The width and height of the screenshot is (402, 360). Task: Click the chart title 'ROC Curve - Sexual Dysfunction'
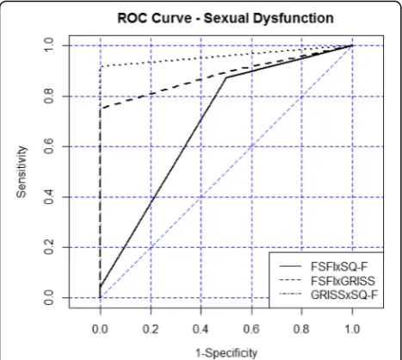pyautogui.click(x=226, y=18)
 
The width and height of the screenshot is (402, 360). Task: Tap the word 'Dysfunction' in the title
pyautogui.click(x=294, y=19)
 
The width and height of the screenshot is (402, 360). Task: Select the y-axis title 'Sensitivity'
pyautogui.click(x=22, y=172)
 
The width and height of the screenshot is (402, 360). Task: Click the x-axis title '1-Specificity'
pyautogui.click(x=226, y=353)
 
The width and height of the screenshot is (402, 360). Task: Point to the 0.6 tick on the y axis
pyautogui.click(x=49, y=146)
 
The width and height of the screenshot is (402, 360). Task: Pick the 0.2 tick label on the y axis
pyautogui.click(x=49, y=247)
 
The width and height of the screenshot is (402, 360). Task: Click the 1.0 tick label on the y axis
pyautogui.click(x=49, y=46)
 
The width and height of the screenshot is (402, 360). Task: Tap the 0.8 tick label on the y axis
pyautogui.click(x=49, y=96)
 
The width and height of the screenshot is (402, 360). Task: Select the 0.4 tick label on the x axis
pyautogui.click(x=201, y=329)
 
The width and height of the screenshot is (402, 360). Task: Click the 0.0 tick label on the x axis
pyautogui.click(x=100, y=329)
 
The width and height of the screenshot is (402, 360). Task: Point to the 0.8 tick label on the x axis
pyautogui.click(x=301, y=329)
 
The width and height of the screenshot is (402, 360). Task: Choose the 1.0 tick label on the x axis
pyautogui.click(x=352, y=329)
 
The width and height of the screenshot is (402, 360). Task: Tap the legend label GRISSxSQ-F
pyautogui.click(x=344, y=295)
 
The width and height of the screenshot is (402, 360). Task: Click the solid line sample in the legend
pyautogui.click(x=290, y=266)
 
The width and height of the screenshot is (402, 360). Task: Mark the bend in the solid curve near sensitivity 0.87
pyautogui.click(x=226, y=78)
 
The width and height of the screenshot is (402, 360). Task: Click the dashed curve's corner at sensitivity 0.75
pyautogui.click(x=101, y=109)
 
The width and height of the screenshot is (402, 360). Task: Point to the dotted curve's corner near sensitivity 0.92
pyautogui.click(x=101, y=67)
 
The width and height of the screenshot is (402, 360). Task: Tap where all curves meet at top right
pyautogui.click(x=352, y=46)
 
